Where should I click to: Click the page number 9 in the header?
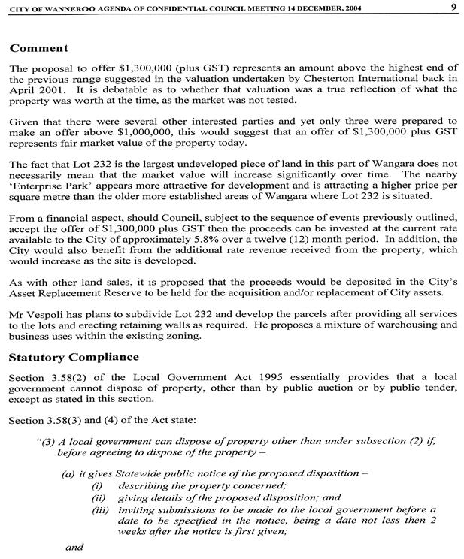click(453, 7)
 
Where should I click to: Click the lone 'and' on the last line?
click(74, 548)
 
